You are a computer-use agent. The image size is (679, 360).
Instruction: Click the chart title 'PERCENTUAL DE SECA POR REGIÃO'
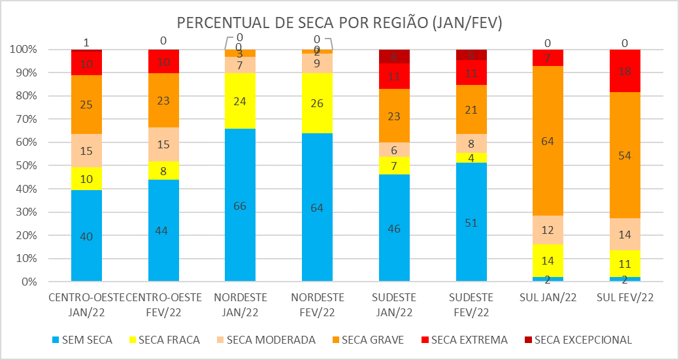click(x=339, y=24)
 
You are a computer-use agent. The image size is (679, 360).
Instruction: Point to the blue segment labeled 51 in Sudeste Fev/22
click(x=471, y=222)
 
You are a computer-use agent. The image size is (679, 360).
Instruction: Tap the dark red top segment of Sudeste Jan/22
click(x=394, y=56)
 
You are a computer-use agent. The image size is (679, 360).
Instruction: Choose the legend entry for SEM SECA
click(x=82, y=340)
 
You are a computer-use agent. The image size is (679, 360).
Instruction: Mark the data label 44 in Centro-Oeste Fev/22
click(x=163, y=231)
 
